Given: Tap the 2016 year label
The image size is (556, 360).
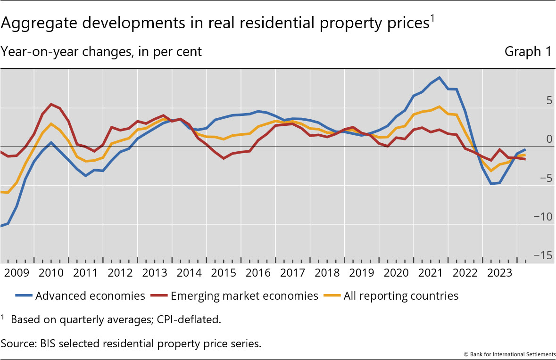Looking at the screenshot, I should pyautogui.click(x=258, y=273).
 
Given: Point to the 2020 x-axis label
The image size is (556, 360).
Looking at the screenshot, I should pyautogui.click(x=396, y=273).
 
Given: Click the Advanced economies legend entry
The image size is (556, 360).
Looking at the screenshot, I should pyautogui.click(x=90, y=296).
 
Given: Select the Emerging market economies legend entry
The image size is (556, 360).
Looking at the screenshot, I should pyautogui.click(x=244, y=296).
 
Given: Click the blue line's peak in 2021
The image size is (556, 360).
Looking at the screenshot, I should pyautogui.click(x=439, y=77).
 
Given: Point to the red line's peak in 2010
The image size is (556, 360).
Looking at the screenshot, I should pyautogui.click(x=51, y=104).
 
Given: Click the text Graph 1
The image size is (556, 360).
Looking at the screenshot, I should pyautogui.click(x=528, y=52).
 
